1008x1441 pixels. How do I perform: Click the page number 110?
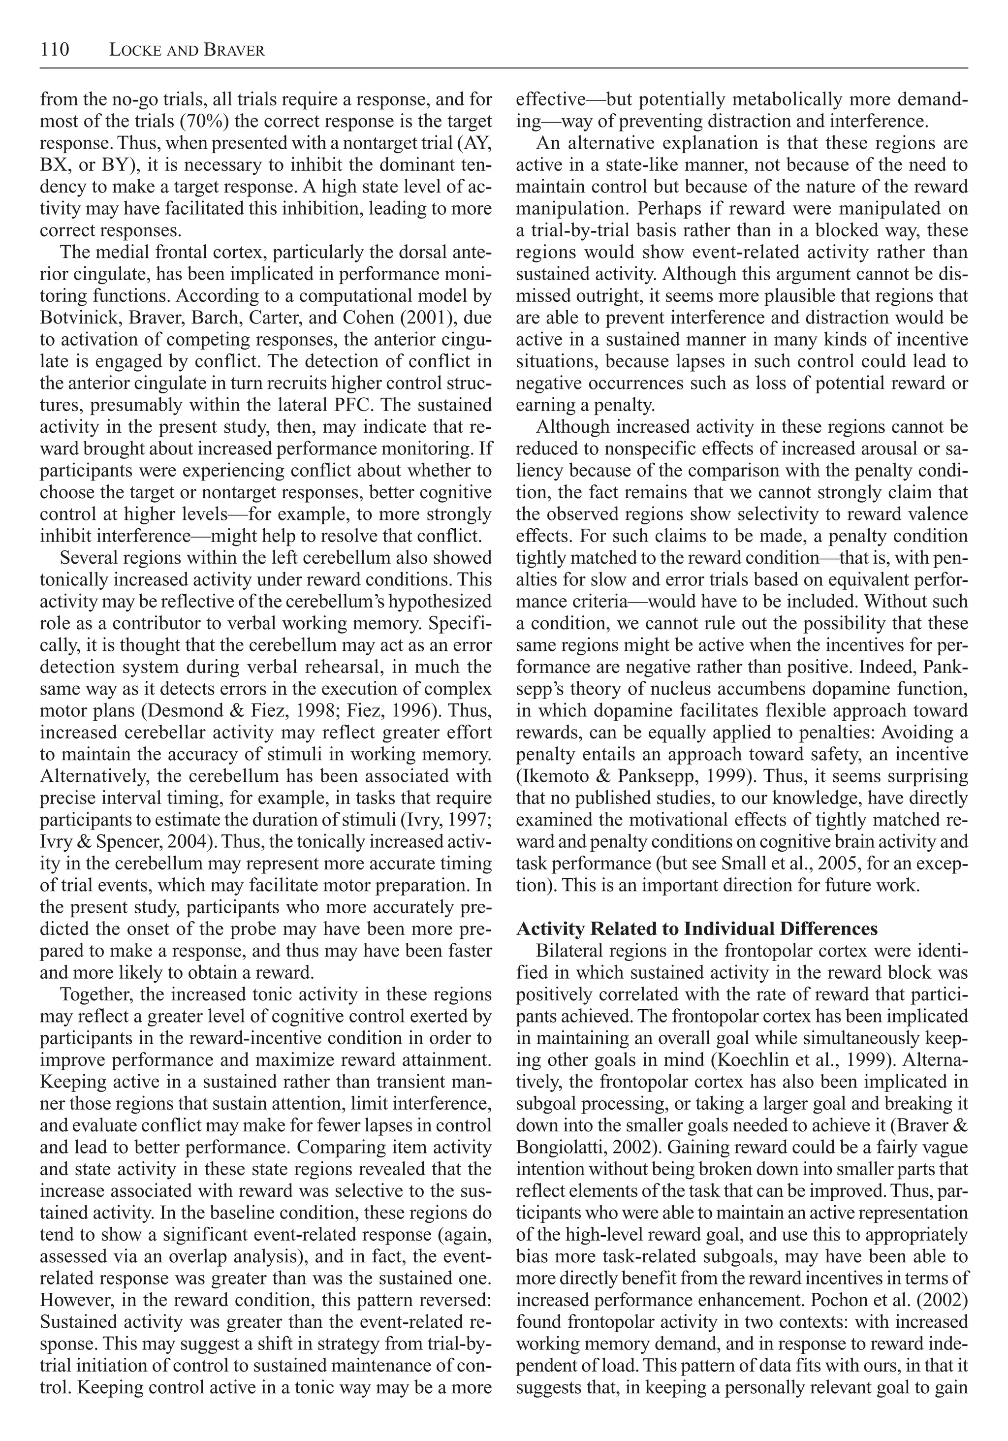point(55,50)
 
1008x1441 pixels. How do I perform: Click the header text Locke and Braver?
point(187,50)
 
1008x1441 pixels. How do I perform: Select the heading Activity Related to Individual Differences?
point(696,928)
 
